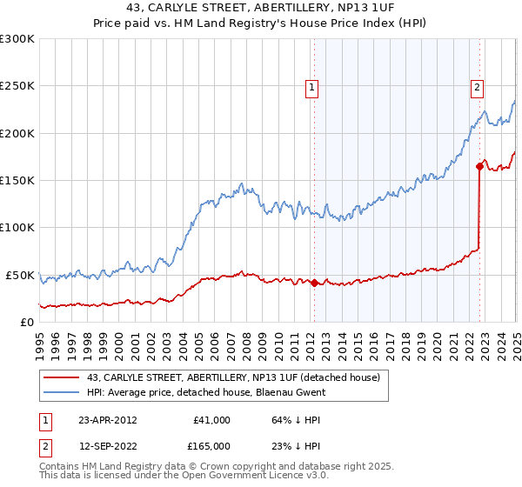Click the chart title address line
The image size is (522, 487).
261,9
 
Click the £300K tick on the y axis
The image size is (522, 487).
17,39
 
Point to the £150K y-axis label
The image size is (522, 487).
17,180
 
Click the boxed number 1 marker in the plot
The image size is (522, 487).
311,87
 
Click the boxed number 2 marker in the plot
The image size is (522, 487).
478,87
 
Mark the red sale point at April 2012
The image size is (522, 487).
314,283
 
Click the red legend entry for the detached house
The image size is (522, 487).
233,377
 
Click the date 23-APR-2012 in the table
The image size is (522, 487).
108,420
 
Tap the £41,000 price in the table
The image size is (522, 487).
211,420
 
